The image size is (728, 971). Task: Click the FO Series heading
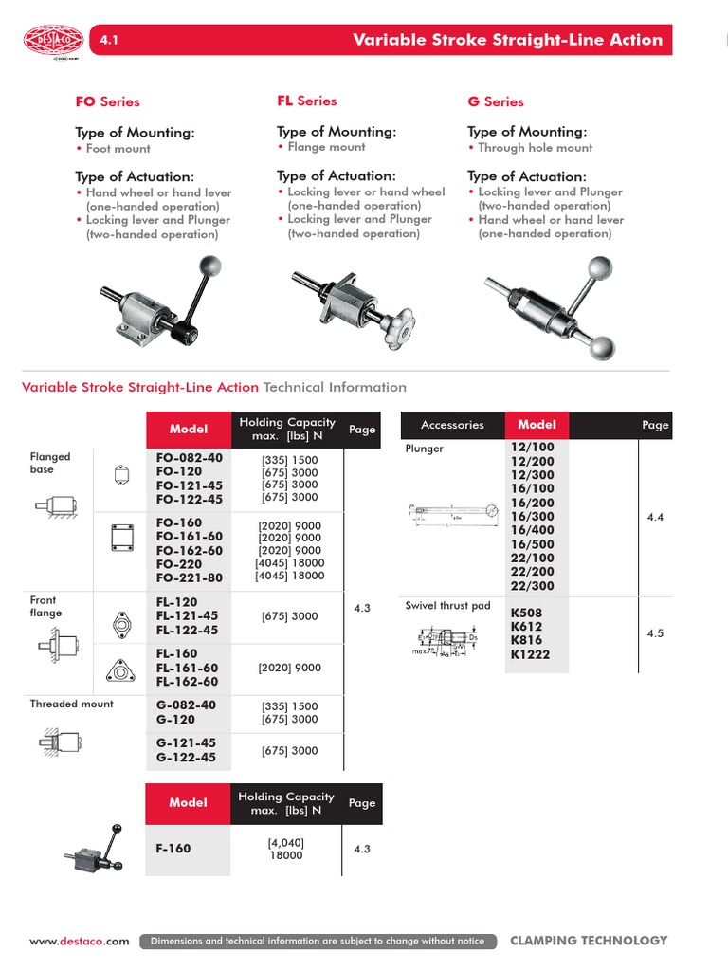click(x=107, y=101)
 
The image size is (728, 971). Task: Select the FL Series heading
click(x=306, y=101)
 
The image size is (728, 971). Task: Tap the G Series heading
click(x=495, y=101)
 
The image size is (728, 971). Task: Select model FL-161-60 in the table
click(x=187, y=668)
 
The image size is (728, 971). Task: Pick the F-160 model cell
click(x=173, y=848)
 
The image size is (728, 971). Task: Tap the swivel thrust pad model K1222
click(x=530, y=654)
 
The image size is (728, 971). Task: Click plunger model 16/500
click(x=532, y=544)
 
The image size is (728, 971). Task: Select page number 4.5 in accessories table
click(x=655, y=633)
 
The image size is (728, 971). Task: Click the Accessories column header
click(x=452, y=425)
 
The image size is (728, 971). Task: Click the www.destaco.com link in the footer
click(x=79, y=942)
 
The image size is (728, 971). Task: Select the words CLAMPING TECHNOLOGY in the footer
click(x=589, y=941)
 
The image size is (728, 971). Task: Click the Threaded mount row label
click(x=71, y=704)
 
